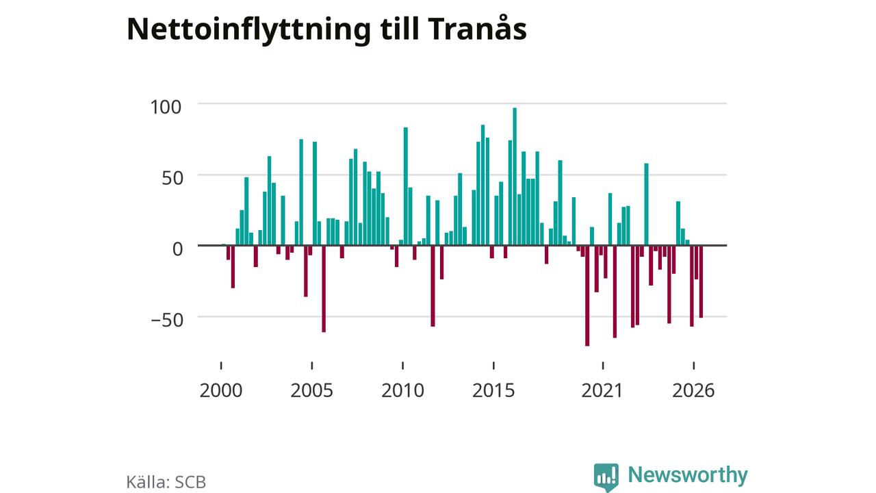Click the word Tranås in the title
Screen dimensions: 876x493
click(477, 29)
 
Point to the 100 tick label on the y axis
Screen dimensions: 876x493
click(166, 107)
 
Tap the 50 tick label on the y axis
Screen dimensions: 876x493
click(172, 178)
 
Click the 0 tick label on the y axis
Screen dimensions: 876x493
click(177, 249)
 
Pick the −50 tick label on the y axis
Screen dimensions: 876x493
click(167, 320)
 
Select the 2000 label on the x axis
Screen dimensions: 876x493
click(221, 390)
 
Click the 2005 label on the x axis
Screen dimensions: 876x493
click(311, 390)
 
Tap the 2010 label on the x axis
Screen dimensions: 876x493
click(403, 390)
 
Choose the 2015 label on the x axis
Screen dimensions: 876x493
click(493, 390)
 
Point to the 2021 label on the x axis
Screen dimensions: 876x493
click(602, 390)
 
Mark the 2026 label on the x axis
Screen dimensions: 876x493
click(693, 390)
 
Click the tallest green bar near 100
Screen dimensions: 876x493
click(515, 177)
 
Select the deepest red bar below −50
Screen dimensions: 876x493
click(587, 295)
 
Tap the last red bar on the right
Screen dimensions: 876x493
click(701, 281)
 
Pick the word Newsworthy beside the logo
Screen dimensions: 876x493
click(688, 475)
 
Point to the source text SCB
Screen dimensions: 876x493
click(190, 482)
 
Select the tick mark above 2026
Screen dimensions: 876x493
click(694, 366)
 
